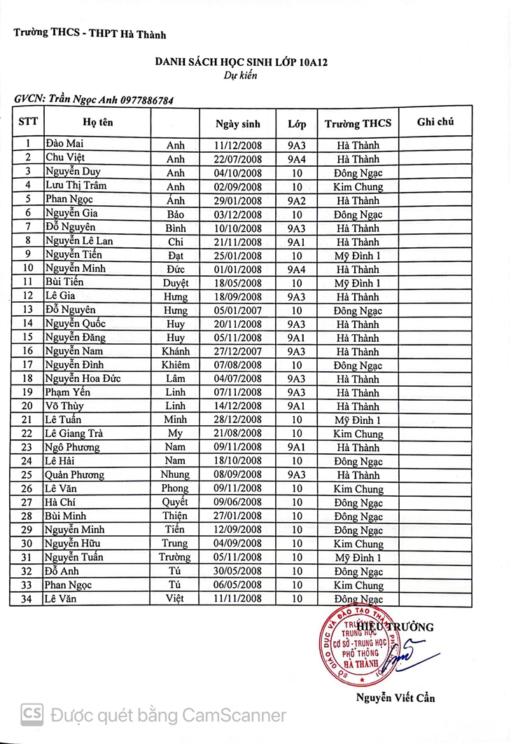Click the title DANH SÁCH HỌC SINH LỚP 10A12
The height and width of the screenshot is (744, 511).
241,62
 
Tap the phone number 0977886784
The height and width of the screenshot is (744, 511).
147,100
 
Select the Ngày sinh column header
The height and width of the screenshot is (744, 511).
238,124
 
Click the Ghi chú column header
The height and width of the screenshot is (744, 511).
435,122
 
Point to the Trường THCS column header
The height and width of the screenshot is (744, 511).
358,124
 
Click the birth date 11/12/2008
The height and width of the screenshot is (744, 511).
238,146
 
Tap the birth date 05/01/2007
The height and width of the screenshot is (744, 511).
238,310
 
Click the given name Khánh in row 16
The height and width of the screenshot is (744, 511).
176,352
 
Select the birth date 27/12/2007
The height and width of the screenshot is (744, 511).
238,352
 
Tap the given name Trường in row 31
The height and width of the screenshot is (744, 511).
176,558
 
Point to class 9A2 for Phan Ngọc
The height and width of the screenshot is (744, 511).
297,200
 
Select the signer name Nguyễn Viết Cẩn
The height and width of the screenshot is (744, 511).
395,697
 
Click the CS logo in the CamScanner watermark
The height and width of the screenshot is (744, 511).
31,715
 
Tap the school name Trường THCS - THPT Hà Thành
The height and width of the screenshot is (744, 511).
90,34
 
